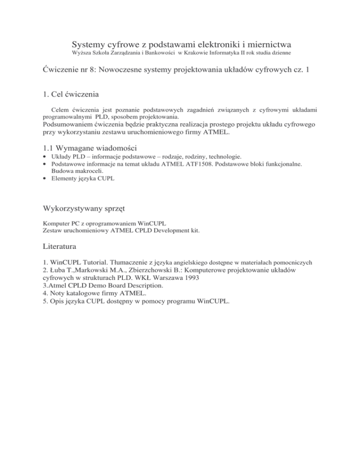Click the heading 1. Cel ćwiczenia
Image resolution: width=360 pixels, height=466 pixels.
70,94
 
